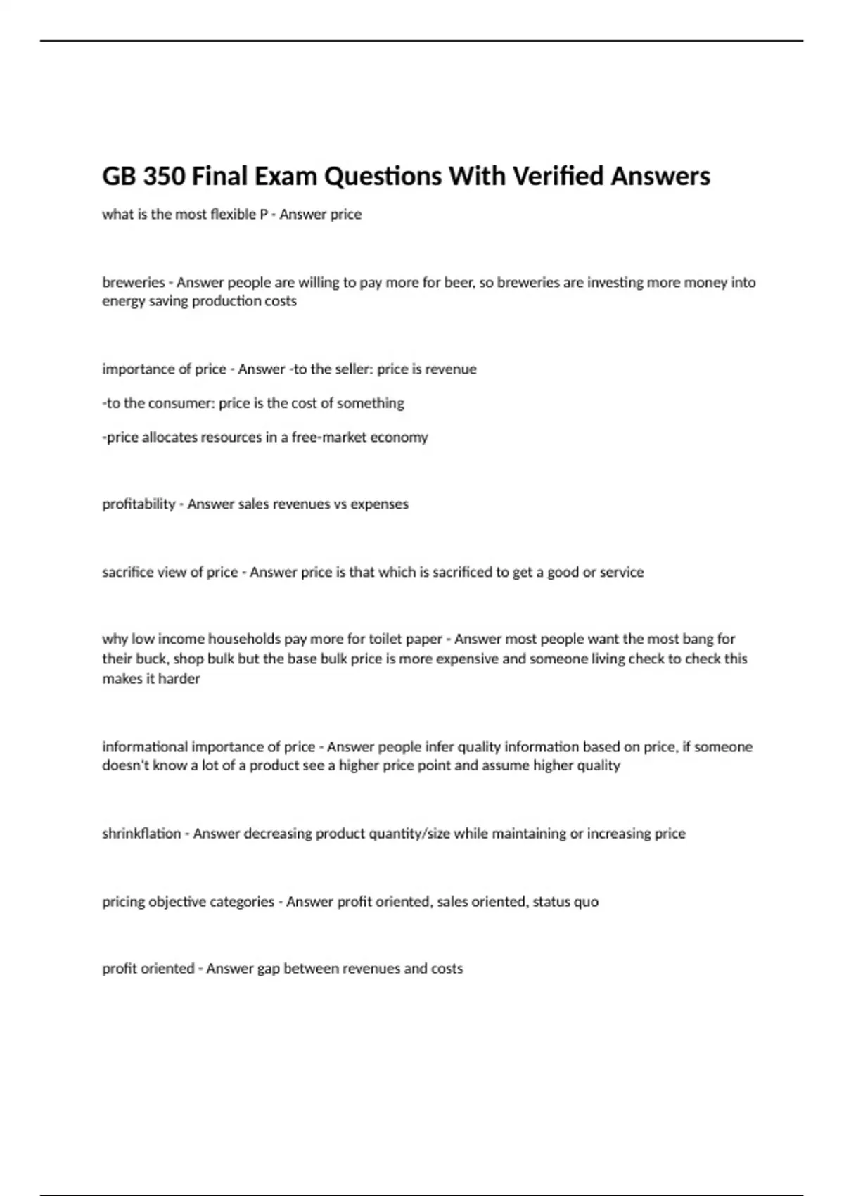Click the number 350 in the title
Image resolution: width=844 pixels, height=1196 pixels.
point(163,176)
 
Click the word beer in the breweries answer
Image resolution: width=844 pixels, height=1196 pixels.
point(459,283)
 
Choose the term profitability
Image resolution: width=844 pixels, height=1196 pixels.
point(139,504)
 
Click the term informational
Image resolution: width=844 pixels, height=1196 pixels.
point(145,746)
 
